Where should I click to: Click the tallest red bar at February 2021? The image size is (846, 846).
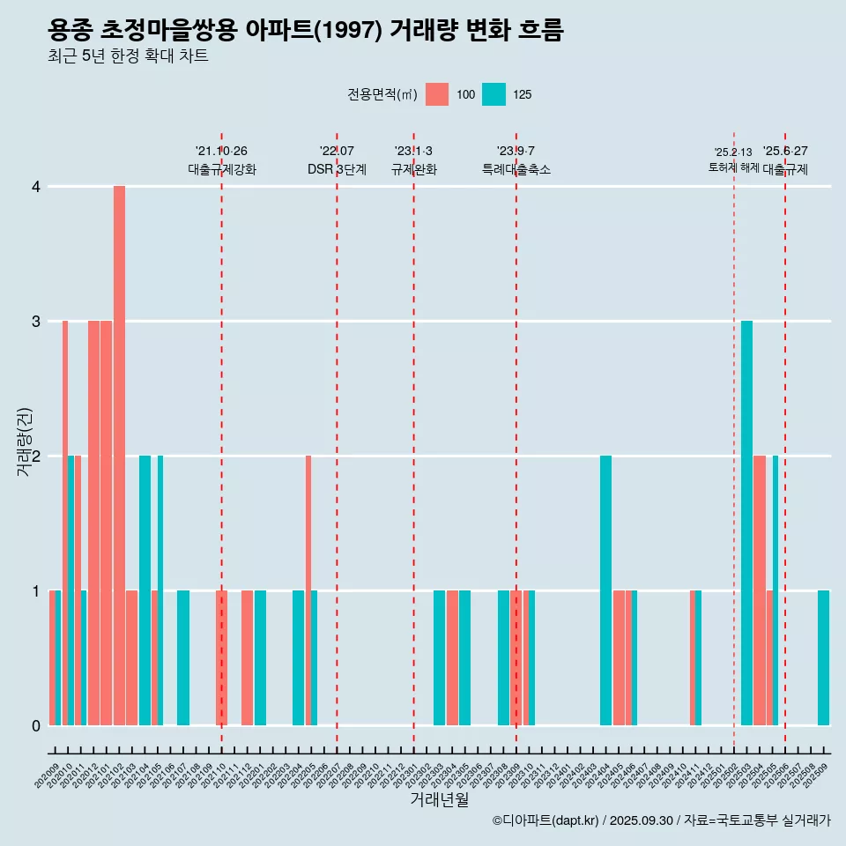click(x=119, y=456)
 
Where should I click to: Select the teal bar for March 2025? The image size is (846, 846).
click(x=746, y=523)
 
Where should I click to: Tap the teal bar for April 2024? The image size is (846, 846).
click(x=605, y=590)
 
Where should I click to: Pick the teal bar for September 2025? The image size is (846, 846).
click(x=823, y=657)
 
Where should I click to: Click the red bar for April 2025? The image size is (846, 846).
click(x=760, y=590)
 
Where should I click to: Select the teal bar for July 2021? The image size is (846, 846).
click(x=183, y=657)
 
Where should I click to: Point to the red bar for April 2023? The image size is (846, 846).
click(x=452, y=657)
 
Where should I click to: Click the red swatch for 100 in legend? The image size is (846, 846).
click(x=437, y=94)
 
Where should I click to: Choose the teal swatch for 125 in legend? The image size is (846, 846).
click(x=494, y=94)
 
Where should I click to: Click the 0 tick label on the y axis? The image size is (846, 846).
click(x=36, y=726)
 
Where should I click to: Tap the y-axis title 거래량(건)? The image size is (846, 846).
click(x=24, y=441)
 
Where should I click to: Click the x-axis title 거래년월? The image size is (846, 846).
click(x=439, y=800)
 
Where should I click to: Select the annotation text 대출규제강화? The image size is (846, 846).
click(x=222, y=169)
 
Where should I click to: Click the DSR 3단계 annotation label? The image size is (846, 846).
click(x=337, y=169)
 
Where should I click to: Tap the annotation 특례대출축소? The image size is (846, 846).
click(x=516, y=169)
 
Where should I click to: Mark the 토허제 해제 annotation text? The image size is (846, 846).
click(x=733, y=167)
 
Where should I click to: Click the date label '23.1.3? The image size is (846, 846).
click(x=413, y=151)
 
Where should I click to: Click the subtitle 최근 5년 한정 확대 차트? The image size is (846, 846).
click(x=129, y=57)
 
